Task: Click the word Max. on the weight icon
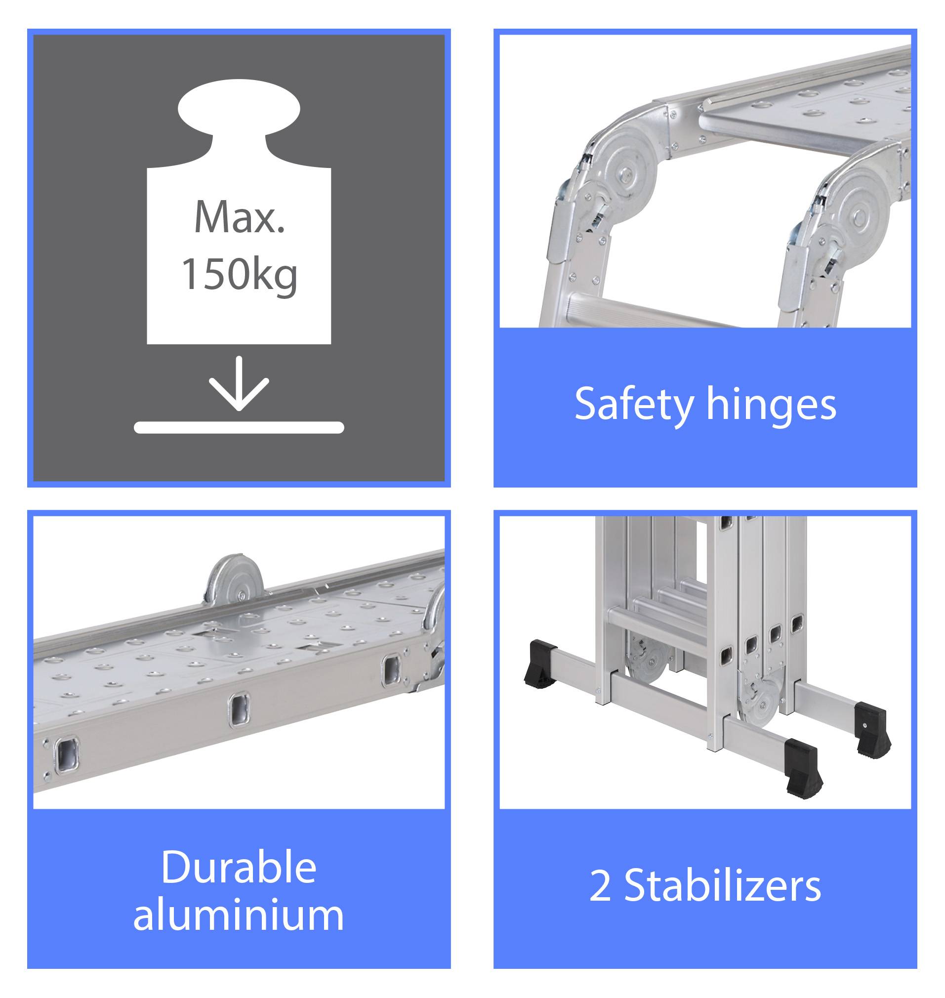239,218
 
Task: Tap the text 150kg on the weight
239,275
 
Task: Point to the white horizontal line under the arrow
239,428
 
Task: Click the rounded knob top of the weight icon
239,108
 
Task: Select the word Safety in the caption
634,404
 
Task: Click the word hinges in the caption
771,404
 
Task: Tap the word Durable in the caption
239,867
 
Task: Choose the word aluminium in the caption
239,915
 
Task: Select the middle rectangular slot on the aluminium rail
239,710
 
